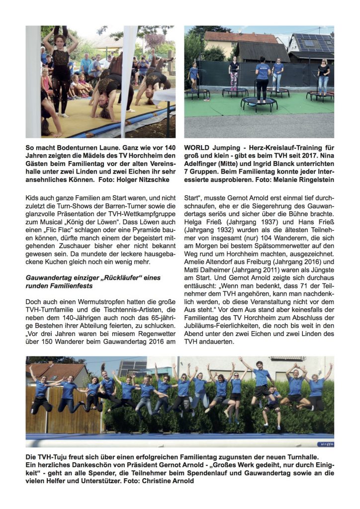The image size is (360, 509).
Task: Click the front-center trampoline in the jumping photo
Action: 259,103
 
